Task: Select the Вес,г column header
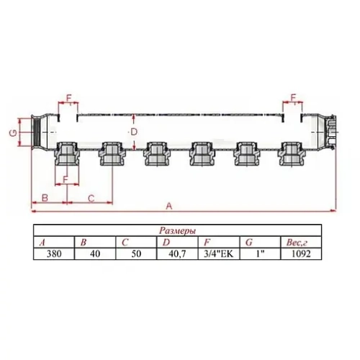297,243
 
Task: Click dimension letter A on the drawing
169,205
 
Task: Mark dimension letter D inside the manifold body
132,132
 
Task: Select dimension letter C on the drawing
91,196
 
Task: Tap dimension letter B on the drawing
45,196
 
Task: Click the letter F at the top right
293,97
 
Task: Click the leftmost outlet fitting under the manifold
66,153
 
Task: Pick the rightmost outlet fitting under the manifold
292,153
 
